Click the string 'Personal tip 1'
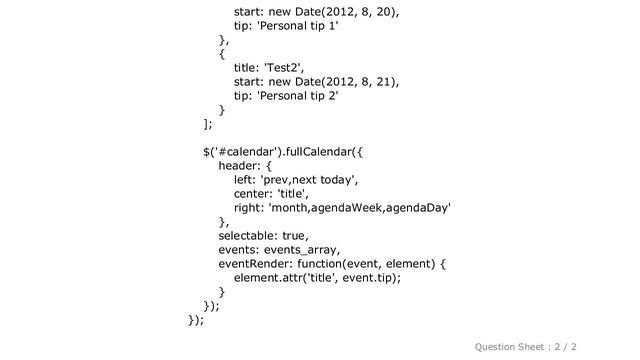[298, 26]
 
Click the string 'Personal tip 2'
[298, 96]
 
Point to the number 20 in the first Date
[384, 12]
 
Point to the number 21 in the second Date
[384, 82]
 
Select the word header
[237, 166]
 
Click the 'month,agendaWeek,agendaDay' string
[359, 208]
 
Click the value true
[293, 236]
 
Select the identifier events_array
[300, 250]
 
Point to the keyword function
[320, 264]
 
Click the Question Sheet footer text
[526, 347]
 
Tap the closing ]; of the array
[208, 124]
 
